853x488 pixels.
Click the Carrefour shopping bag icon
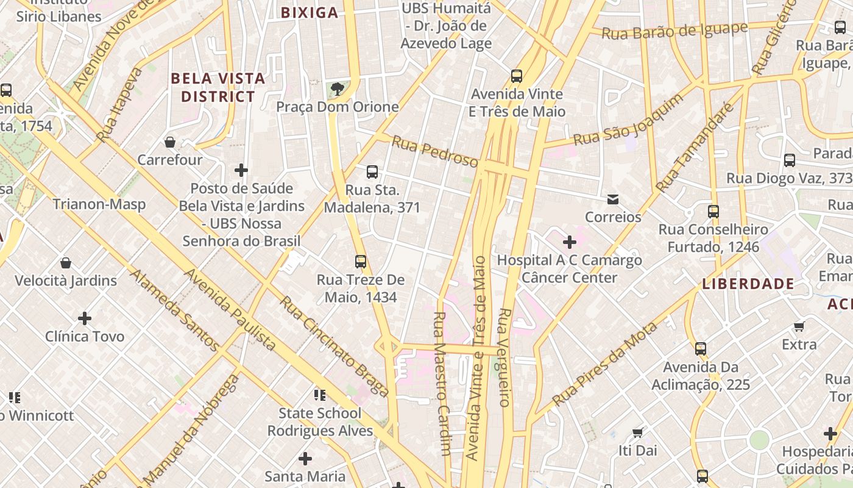click(170, 142)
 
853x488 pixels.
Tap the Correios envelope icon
click(612, 199)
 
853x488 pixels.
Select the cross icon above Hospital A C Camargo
click(570, 243)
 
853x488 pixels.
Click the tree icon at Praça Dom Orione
click(337, 90)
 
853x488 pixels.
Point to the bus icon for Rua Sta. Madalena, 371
click(372, 172)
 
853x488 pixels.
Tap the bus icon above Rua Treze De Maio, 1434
click(361, 262)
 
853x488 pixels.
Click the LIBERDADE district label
click(748, 284)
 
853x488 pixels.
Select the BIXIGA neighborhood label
click(310, 13)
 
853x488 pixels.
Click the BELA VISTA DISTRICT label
click(218, 87)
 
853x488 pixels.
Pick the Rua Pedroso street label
click(434, 151)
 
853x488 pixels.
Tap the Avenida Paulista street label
click(230, 309)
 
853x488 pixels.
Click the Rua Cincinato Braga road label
click(334, 346)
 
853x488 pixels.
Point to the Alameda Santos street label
click(174, 311)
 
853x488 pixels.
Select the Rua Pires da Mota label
click(605, 364)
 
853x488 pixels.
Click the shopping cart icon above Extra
click(799, 326)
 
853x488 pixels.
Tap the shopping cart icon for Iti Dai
click(637, 433)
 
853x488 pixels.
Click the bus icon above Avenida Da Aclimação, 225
click(701, 349)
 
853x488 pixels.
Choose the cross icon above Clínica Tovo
click(85, 318)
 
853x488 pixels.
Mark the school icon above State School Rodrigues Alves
click(319, 395)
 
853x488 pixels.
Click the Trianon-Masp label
click(99, 204)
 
